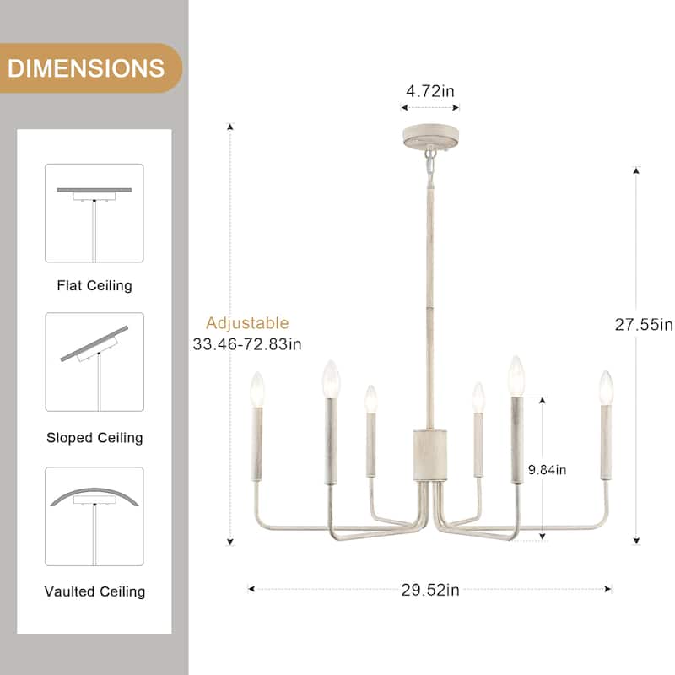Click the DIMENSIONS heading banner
[x=86, y=67]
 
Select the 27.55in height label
[x=643, y=324]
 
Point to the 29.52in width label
[x=430, y=590]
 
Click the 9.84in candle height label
[x=548, y=470]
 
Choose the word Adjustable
[x=247, y=323]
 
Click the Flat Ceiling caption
[x=94, y=285]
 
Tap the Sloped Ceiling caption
[x=94, y=438]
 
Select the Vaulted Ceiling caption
[x=94, y=591]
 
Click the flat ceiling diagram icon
[x=94, y=213]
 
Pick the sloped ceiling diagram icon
[x=94, y=362]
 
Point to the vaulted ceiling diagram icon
[x=94, y=516]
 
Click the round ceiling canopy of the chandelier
[x=429, y=137]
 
